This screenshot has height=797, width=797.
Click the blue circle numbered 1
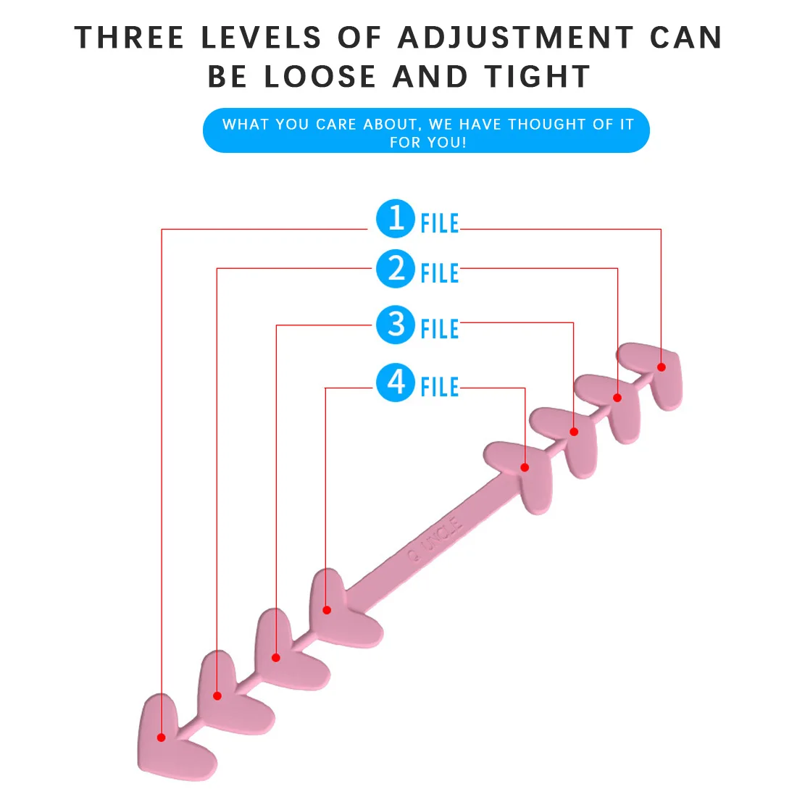396,218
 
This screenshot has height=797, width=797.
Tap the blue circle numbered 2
396,269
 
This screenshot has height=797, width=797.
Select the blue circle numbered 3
396,325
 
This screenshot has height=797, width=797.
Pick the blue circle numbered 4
396,382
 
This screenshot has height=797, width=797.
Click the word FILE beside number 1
440,224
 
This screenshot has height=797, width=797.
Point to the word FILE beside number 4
440,387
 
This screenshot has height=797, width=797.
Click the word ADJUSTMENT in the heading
515,38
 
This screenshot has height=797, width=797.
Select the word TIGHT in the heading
538,77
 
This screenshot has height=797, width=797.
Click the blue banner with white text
426,131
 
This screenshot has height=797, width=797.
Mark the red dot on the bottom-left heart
162,738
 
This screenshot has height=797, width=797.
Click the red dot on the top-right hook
661,367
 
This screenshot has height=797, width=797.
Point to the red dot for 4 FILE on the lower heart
327,610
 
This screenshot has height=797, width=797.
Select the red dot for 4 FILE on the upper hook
525,467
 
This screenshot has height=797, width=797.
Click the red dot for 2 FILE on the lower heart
217,696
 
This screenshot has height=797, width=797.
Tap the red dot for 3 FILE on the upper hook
574,432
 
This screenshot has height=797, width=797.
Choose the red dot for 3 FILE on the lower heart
276,657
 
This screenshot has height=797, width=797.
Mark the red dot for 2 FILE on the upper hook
617,398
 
